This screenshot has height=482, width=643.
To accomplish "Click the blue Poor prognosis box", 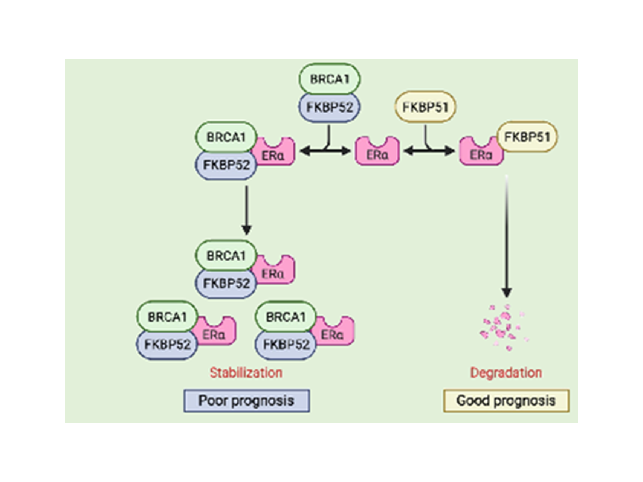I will (247, 401).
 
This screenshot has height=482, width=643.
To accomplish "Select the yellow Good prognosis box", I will (506, 401).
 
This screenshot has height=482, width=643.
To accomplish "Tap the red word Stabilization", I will (246, 373).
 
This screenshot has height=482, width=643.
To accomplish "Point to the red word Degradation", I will (506, 373).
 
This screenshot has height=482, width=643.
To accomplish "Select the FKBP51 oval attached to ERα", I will (527, 137).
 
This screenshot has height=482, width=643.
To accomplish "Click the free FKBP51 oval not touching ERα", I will (425, 107).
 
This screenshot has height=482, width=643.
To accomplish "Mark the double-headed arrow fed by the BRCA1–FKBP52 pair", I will (325, 151).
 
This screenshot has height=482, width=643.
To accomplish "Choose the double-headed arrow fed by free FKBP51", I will (429, 151).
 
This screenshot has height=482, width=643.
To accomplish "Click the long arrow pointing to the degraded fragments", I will (507, 237).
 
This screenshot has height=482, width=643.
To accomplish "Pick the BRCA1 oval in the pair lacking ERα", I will (330, 79).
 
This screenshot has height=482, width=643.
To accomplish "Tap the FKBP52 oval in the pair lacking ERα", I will (330, 107).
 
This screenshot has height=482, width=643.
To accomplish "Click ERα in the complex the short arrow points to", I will (274, 271).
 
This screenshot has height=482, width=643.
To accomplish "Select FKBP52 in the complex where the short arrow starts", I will (226, 165).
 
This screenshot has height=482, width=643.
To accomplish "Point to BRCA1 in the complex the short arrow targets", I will (226, 255).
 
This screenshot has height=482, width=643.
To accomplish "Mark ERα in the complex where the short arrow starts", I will (274, 153).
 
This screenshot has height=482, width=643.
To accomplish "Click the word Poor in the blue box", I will (212, 401).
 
